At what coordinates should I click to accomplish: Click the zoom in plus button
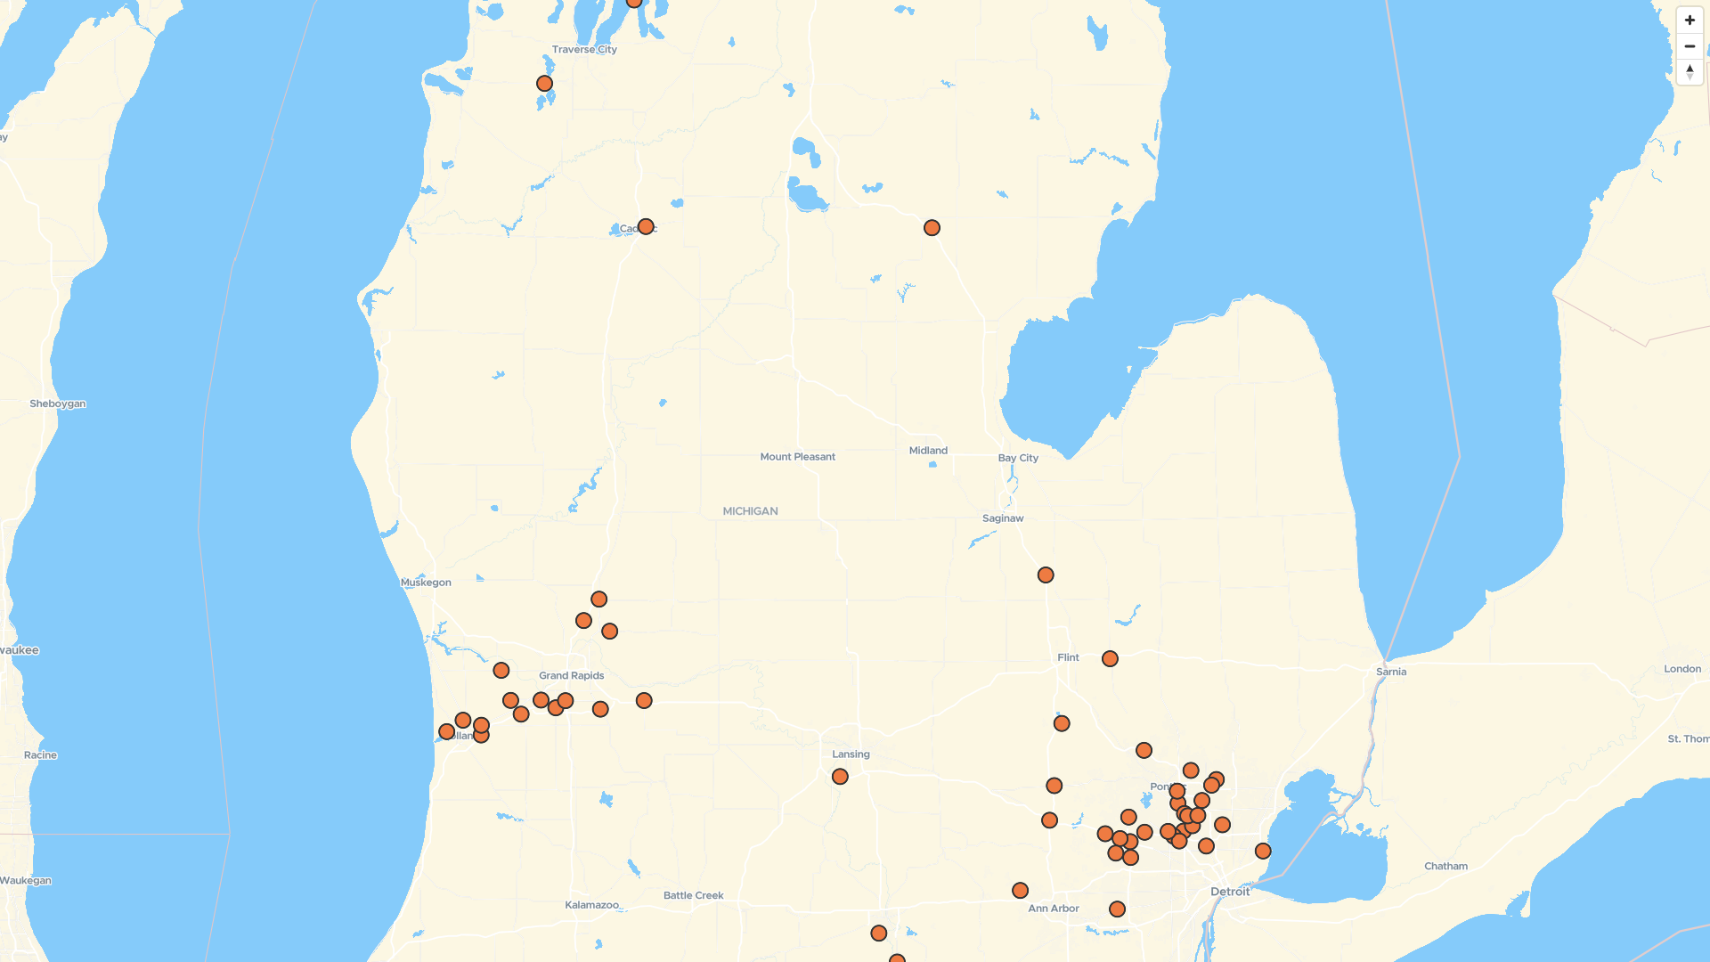1690,20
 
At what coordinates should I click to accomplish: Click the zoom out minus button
1690,46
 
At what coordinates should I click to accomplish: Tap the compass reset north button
1690,72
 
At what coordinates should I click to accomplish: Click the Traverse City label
584,50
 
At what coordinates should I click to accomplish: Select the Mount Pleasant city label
797,457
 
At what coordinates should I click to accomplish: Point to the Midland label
928,451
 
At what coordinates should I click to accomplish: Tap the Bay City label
1018,458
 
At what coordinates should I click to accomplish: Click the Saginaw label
1003,518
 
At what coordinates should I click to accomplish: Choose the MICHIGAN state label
750,511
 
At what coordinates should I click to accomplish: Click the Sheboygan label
58,404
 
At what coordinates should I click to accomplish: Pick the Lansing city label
851,754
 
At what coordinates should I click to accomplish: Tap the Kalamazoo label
591,905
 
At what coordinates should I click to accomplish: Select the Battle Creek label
693,896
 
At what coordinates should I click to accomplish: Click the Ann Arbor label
1054,909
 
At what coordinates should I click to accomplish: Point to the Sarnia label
1391,672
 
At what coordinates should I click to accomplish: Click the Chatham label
1445,866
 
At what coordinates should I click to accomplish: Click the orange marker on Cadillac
646,227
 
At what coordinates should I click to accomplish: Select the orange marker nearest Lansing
840,777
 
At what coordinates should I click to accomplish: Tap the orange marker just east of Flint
1110,659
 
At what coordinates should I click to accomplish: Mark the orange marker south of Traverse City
544,84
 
